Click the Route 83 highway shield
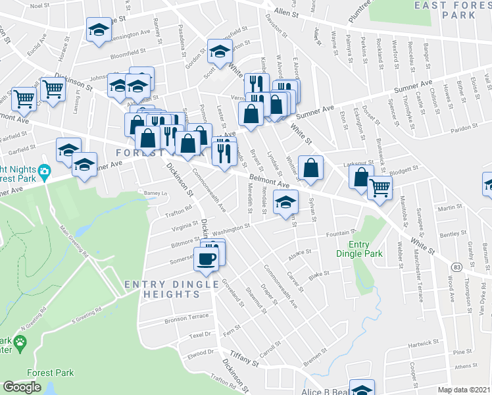[x=456, y=267]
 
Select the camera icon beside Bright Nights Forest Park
[x=44, y=172]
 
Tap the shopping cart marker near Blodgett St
[x=379, y=188]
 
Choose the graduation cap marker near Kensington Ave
[x=99, y=30]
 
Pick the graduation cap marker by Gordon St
[x=220, y=50]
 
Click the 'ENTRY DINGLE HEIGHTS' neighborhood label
[x=172, y=289]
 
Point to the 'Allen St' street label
[x=286, y=12]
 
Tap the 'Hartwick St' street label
[x=422, y=344]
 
